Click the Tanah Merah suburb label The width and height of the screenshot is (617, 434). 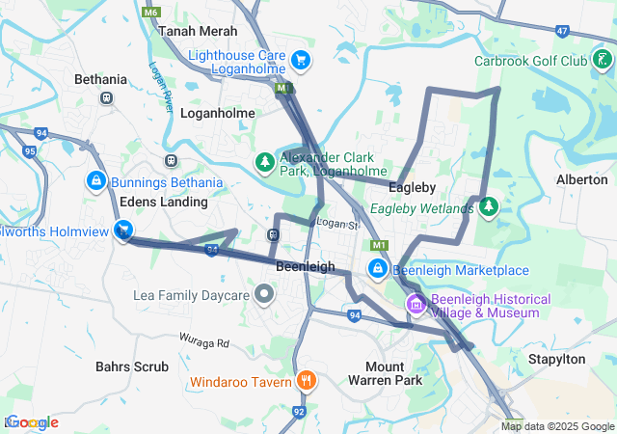point(184,31)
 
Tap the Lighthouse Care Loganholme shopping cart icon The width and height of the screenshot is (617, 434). point(301,60)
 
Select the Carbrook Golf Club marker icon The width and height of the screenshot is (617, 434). point(604,61)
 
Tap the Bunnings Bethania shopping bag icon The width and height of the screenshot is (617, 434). point(95,181)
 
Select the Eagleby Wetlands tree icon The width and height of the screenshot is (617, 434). point(489,207)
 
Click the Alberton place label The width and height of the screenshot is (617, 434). point(582,179)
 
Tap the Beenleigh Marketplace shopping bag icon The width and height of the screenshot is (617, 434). point(378,269)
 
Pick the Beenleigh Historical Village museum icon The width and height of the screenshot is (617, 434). point(416,306)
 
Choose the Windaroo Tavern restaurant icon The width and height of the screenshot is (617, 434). point(306,381)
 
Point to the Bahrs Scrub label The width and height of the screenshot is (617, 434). point(132,366)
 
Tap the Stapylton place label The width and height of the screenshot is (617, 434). point(556,359)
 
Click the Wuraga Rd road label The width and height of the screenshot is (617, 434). point(202,341)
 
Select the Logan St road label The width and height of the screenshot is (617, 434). point(338,224)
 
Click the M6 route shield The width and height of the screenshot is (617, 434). point(149,13)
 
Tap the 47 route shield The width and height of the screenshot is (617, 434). point(562,31)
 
